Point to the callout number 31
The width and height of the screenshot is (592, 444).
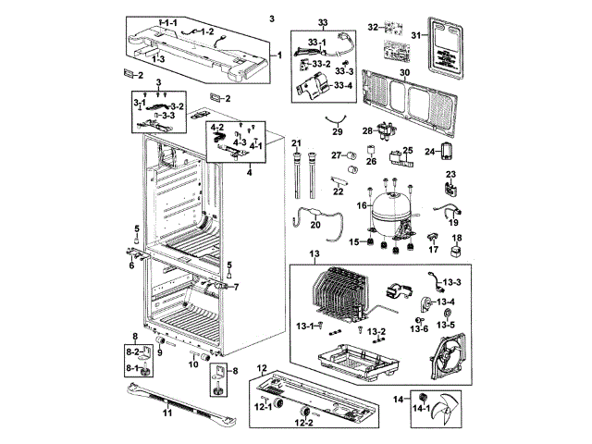(416, 35)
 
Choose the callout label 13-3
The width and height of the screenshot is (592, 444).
(450, 280)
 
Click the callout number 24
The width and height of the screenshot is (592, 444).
(430, 151)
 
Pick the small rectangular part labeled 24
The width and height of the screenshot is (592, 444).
(446, 151)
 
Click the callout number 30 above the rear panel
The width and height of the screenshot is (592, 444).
(404, 71)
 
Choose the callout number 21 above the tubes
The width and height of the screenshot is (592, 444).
(296, 142)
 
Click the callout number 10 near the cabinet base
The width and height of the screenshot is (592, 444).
(192, 364)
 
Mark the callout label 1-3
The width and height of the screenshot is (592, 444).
(159, 58)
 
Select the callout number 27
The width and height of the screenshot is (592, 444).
(338, 155)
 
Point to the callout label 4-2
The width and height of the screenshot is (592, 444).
(218, 127)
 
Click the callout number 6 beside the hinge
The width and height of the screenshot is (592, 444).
(131, 265)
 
